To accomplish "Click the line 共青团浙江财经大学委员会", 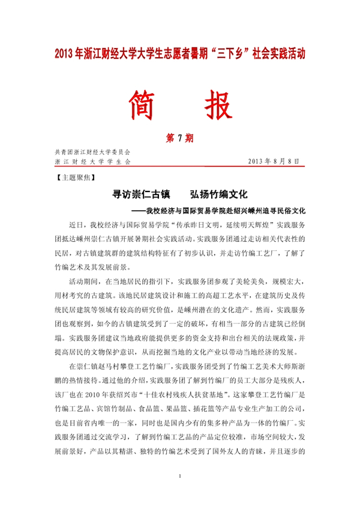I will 92,152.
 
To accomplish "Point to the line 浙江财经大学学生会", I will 92,161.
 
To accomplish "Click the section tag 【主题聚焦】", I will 73,178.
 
